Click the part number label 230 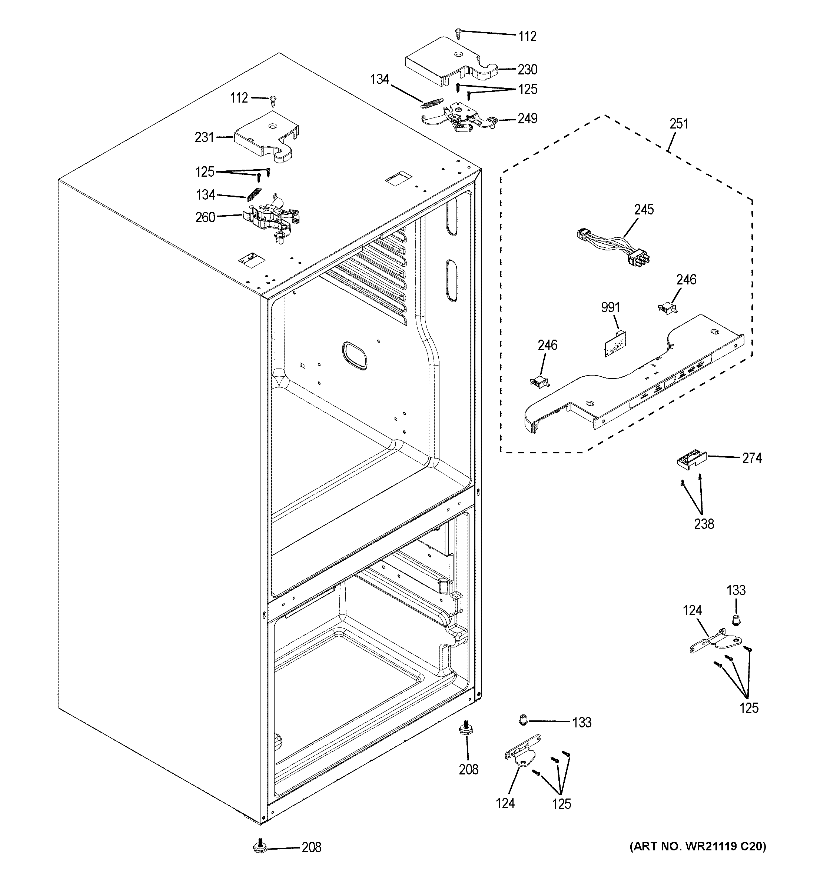click(527, 70)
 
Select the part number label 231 click(204, 138)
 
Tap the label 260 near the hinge click(205, 217)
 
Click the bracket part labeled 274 click(691, 460)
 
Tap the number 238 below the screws click(704, 524)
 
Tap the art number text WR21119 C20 click(698, 846)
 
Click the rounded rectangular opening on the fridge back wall click(354, 356)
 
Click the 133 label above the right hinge click(736, 590)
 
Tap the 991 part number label click(610, 307)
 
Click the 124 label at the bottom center click(505, 803)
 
